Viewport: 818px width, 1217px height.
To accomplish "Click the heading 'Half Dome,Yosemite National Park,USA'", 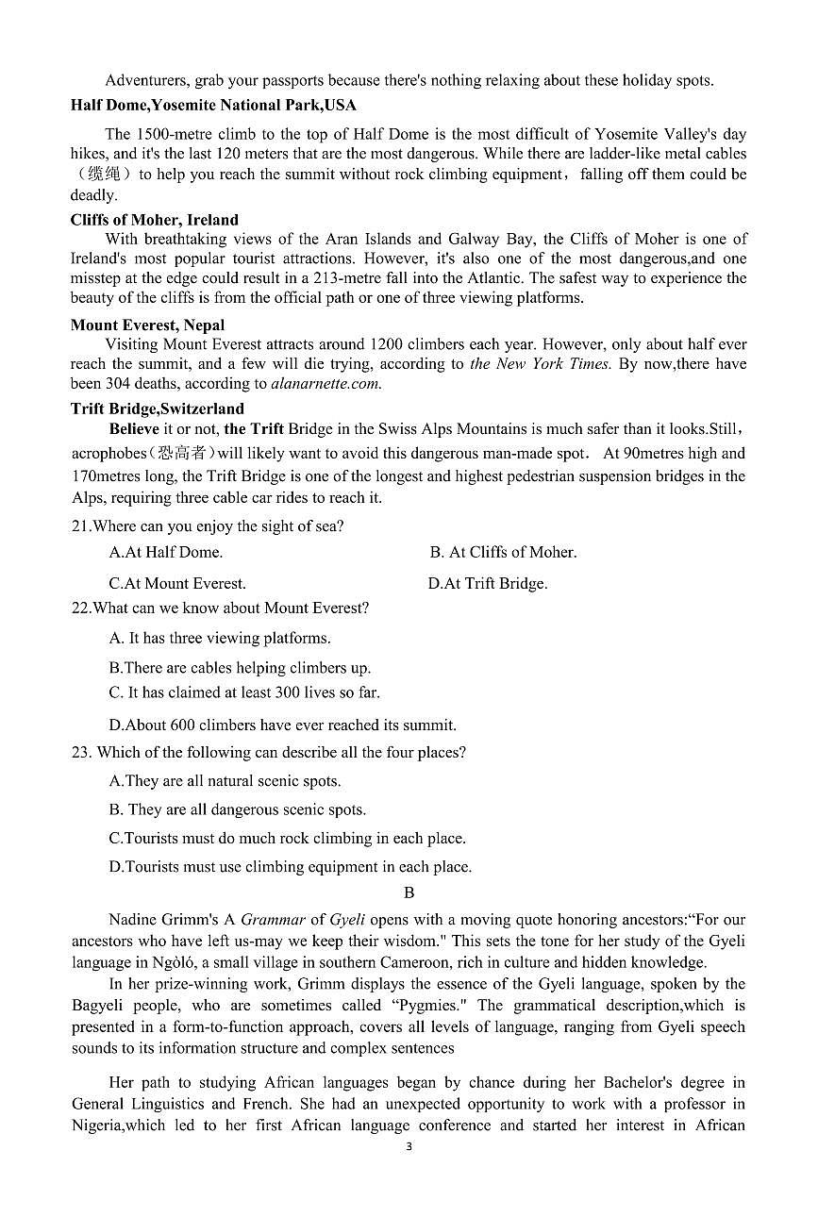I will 212,105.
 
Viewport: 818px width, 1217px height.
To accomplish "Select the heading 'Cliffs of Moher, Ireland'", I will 154,220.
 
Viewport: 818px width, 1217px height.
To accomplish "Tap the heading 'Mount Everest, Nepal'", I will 147,325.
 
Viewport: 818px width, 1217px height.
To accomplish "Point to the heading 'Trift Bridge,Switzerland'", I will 157,408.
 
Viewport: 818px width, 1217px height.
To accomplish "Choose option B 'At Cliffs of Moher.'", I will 503,553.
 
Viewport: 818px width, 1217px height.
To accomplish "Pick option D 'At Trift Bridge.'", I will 487,584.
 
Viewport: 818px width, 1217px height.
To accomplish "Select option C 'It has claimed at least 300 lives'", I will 244,692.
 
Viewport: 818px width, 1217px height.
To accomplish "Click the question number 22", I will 80,608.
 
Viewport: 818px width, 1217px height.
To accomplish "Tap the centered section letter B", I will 409,892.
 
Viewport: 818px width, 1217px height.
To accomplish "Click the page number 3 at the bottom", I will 409,1147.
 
